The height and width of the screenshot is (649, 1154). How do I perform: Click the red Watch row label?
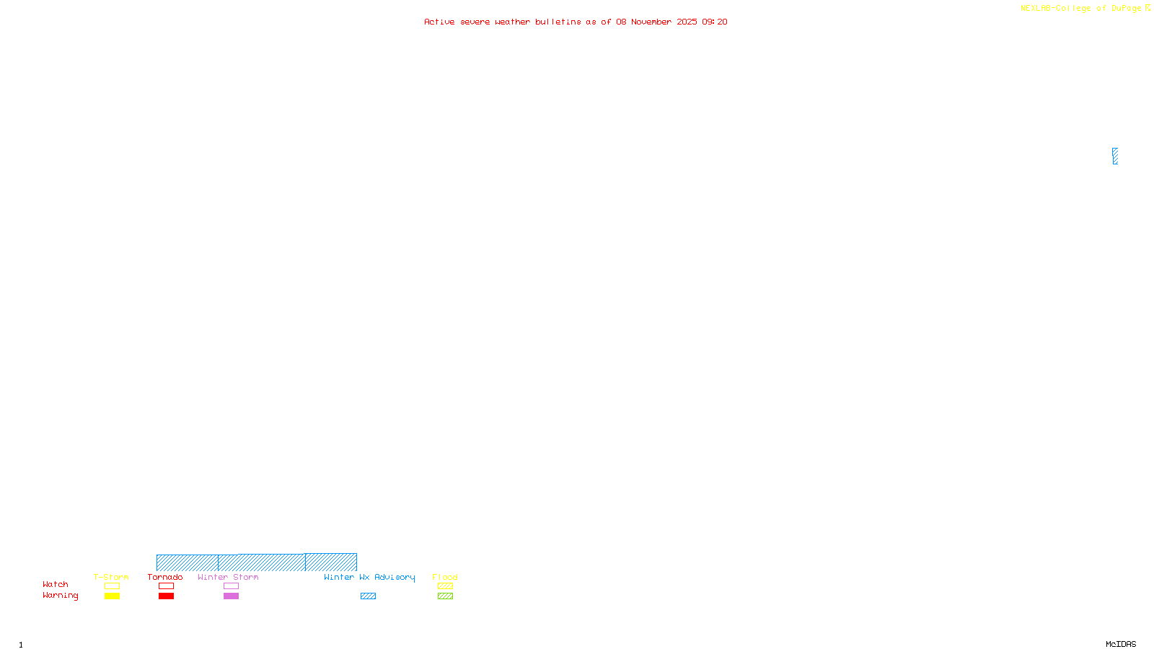pos(56,585)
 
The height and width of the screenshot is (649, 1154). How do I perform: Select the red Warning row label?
pos(60,596)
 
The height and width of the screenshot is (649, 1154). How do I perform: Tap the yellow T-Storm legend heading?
pos(111,577)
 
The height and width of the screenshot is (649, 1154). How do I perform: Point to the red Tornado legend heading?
pos(165,577)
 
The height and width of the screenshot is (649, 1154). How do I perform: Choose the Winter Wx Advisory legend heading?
pos(369,577)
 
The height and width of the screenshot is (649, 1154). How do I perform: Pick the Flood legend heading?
pos(445,577)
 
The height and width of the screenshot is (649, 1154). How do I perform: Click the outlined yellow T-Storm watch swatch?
pos(112,586)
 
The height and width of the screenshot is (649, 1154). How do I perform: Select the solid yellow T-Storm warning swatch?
pos(112,596)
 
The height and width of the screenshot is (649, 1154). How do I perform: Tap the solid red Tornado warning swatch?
pos(166,596)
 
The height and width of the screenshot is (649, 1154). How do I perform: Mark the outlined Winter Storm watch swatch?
pos(231,586)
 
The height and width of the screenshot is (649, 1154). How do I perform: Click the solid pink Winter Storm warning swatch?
pos(231,596)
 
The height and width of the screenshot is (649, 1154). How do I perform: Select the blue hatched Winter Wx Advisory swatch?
pos(368,596)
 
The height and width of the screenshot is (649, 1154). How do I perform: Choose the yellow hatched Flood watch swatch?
pos(445,586)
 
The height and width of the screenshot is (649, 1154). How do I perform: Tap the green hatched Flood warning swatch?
pos(445,596)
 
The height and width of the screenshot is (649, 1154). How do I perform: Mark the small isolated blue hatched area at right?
pos(1115,156)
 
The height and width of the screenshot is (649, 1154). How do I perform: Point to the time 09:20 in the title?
pos(715,22)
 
